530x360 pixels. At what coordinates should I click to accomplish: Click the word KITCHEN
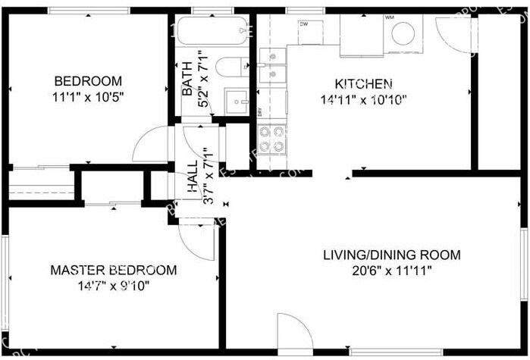pos(363,83)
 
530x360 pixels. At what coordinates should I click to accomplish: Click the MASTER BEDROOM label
pos(114,270)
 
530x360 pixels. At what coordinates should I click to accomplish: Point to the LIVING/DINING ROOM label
pos(402,255)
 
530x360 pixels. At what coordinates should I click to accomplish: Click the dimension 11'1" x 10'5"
pos(88,96)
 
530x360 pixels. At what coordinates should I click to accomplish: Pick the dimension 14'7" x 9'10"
pos(114,286)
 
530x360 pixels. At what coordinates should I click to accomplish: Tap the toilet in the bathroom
pos(231,67)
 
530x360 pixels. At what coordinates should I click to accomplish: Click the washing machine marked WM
pos(403,33)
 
